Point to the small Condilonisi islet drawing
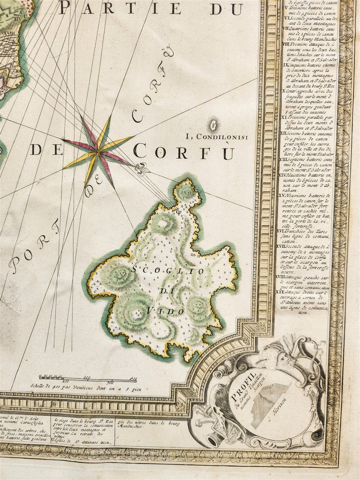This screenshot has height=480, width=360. point(214,125)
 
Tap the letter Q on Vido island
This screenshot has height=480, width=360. point(178,212)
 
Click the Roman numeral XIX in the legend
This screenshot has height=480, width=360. point(280,291)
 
